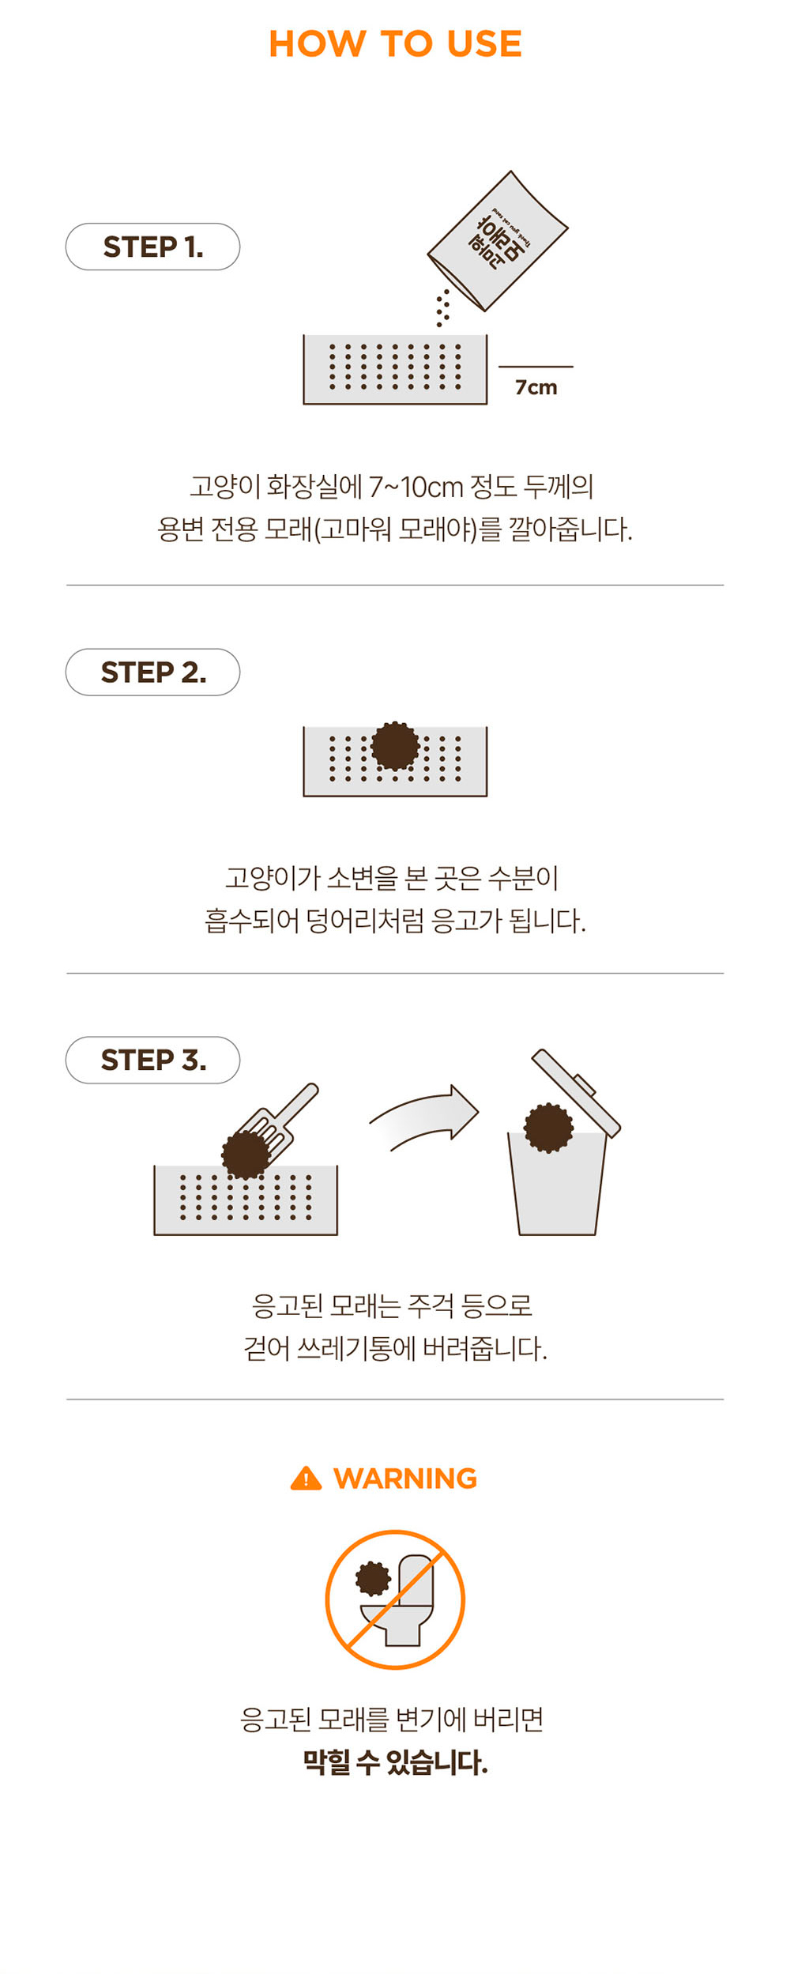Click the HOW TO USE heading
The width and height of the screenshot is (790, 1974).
(395, 43)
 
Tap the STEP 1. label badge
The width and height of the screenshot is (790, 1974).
(152, 247)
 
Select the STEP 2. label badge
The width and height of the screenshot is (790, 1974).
(152, 672)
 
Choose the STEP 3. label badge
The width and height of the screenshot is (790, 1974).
(152, 1060)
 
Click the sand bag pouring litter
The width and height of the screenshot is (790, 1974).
(498, 241)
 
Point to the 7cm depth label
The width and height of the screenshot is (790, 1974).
(536, 387)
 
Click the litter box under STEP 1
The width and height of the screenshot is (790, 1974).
(395, 369)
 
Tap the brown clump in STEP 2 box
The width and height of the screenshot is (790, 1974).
(395, 745)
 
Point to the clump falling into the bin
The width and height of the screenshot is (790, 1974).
(549, 1128)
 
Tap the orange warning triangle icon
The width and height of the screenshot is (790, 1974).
(306, 1479)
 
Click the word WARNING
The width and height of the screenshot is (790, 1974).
(405, 1479)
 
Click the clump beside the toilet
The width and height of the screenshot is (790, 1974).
(373, 1578)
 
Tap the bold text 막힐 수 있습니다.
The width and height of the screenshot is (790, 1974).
(395, 1762)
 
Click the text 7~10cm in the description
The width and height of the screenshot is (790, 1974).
(416, 487)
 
